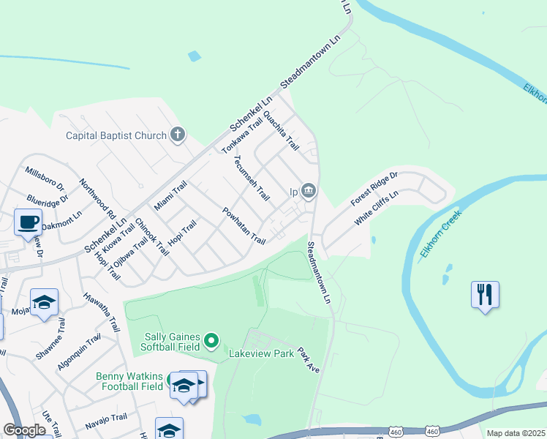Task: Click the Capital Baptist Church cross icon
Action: (178, 135)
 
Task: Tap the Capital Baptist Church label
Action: (116, 135)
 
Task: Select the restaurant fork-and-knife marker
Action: (485, 295)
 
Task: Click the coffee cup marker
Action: (28, 222)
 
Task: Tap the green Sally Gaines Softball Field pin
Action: (211, 340)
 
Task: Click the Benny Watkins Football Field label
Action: (129, 381)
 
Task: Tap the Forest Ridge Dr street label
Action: (373, 189)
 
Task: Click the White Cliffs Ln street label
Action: (376, 208)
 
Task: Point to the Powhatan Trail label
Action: (244, 225)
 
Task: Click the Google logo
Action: (24, 430)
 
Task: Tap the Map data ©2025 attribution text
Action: (515, 433)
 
